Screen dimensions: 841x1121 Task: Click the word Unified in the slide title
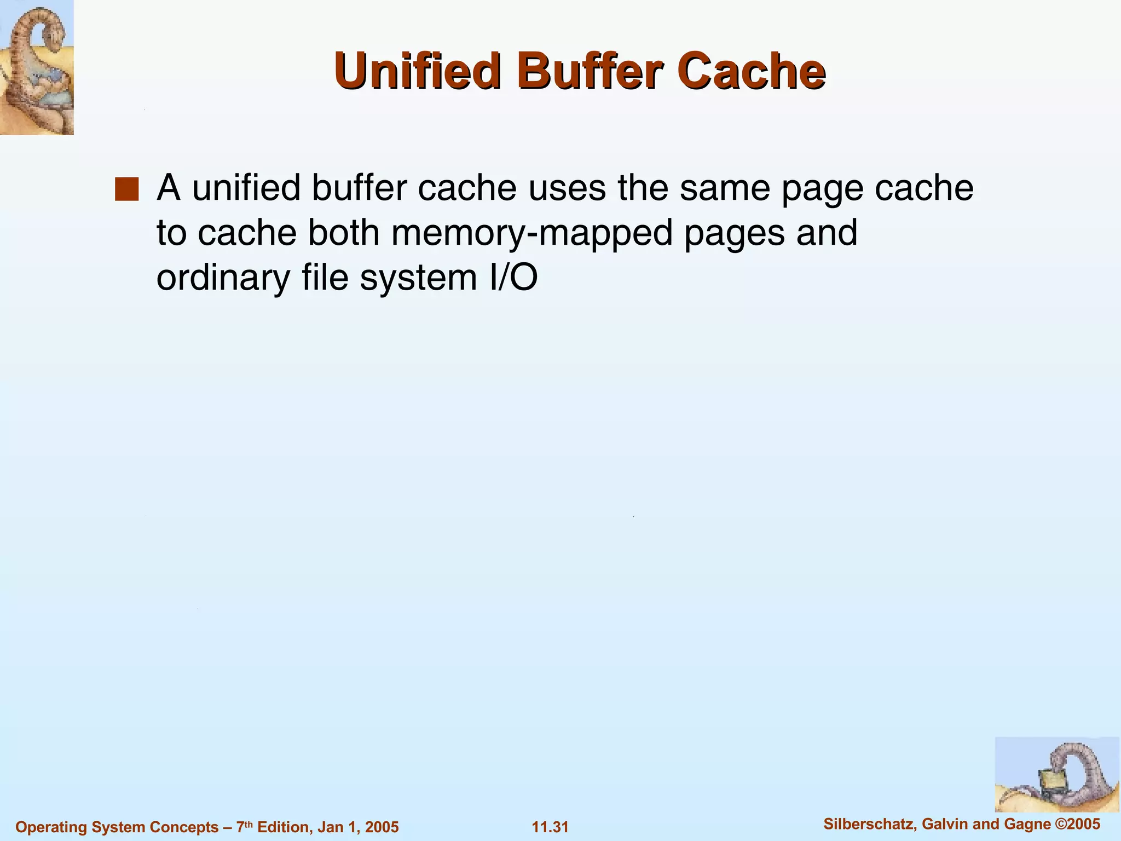point(418,71)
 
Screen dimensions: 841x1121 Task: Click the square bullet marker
point(126,189)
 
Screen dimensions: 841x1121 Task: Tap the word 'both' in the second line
point(343,232)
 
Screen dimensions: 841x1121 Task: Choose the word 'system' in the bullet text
point(418,278)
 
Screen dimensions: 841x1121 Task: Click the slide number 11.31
point(550,827)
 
